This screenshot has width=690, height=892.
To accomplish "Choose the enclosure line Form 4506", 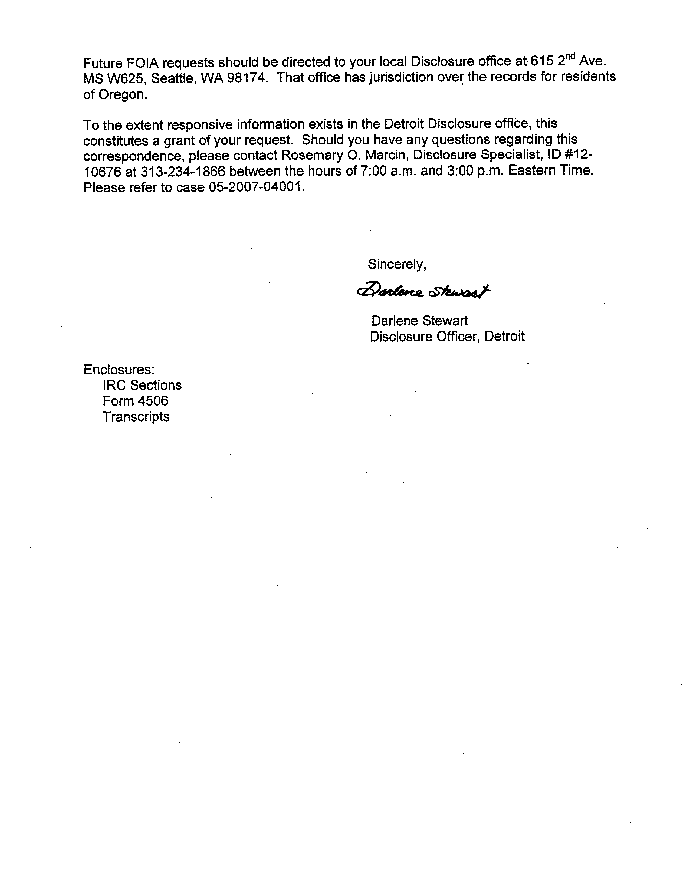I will pos(135,401).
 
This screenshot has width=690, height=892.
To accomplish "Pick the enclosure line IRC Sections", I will pos(142,385).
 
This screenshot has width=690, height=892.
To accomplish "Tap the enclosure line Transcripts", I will pos(136,417).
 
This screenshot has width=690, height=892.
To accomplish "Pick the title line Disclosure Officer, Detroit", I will pos(447,337).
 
